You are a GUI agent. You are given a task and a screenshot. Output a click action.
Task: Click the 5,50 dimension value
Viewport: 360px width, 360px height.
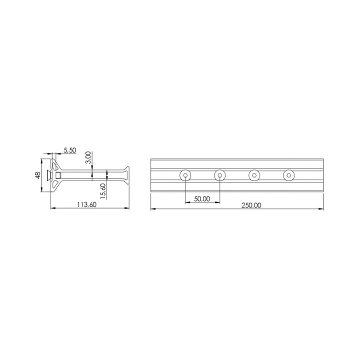(70, 150)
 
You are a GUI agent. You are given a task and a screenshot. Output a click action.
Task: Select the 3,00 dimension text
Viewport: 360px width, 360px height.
(88, 157)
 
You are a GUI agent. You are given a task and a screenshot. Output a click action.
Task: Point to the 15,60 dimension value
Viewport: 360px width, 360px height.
(102, 190)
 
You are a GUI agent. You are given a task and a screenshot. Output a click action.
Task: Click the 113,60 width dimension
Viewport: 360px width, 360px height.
(86, 204)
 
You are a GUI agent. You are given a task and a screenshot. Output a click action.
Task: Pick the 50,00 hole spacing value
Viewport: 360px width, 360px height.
(202, 198)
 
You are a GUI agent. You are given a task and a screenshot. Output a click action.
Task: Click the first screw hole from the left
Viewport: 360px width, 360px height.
(185, 175)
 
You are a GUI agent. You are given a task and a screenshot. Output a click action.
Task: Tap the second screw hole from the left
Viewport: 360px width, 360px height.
(219, 175)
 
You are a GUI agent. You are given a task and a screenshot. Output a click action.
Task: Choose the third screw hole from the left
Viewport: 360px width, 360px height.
(254, 175)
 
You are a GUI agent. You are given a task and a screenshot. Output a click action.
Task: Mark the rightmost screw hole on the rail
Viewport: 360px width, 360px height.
(288, 175)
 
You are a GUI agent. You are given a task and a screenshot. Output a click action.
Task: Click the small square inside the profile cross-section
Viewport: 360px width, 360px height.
(58, 175)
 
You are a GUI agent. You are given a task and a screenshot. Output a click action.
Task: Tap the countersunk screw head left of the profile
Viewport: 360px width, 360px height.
(48, 175)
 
